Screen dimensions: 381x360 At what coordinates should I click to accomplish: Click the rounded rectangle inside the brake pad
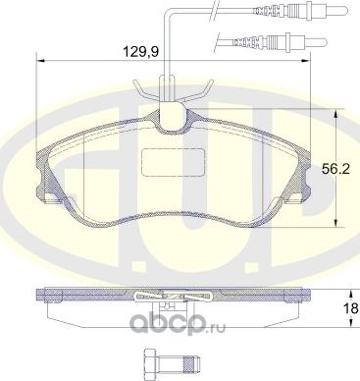pyautogui.click(x=166, y=161)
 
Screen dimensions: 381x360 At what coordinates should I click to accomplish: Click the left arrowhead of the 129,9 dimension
pyautogui.click(x=39, y=60)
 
